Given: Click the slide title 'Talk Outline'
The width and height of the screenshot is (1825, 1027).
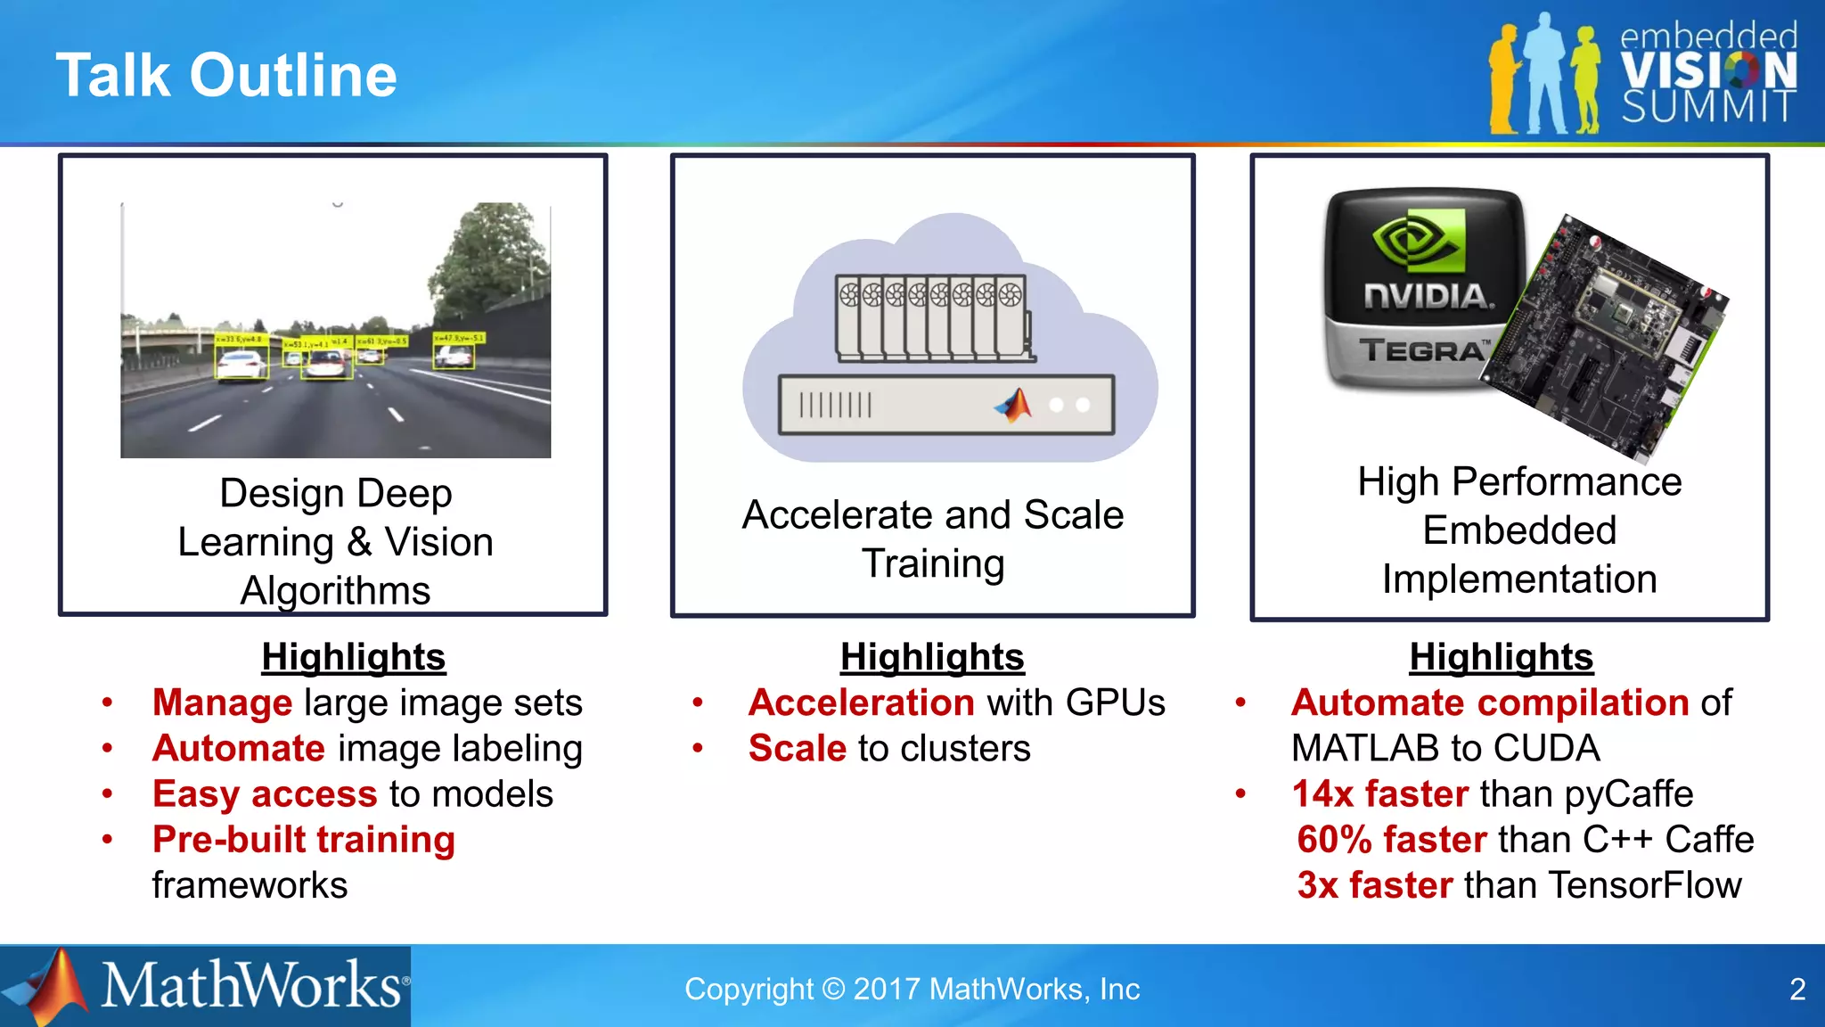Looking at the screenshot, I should [x=226, y=75].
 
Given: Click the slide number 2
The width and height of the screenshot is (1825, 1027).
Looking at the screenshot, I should [x=1797, y=990].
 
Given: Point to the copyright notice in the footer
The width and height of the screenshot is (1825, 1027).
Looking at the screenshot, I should [x=912, y=990].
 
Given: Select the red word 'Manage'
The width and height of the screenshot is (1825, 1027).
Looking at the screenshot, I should [x=222, y=702].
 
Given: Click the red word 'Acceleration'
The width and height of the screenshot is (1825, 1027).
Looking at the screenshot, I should [x=862, y=702].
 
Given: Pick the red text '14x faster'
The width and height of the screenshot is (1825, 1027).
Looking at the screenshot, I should [x=1380, y=793].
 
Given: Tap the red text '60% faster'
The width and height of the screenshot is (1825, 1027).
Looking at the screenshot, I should [x=1392, y=840].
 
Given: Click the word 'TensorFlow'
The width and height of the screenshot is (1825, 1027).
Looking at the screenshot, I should [x=1645, y=885].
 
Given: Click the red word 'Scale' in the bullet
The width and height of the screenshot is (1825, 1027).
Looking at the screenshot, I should [x=798, y=749].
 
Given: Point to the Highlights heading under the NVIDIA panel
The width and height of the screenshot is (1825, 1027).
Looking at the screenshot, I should [x=1502, y=657].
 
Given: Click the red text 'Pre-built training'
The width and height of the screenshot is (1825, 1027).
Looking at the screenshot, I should [x=304, y=840].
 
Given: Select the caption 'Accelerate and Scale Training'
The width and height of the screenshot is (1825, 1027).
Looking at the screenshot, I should [x=933, y=538].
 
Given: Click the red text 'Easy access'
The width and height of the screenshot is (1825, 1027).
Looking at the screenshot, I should [x=265, y=794].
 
